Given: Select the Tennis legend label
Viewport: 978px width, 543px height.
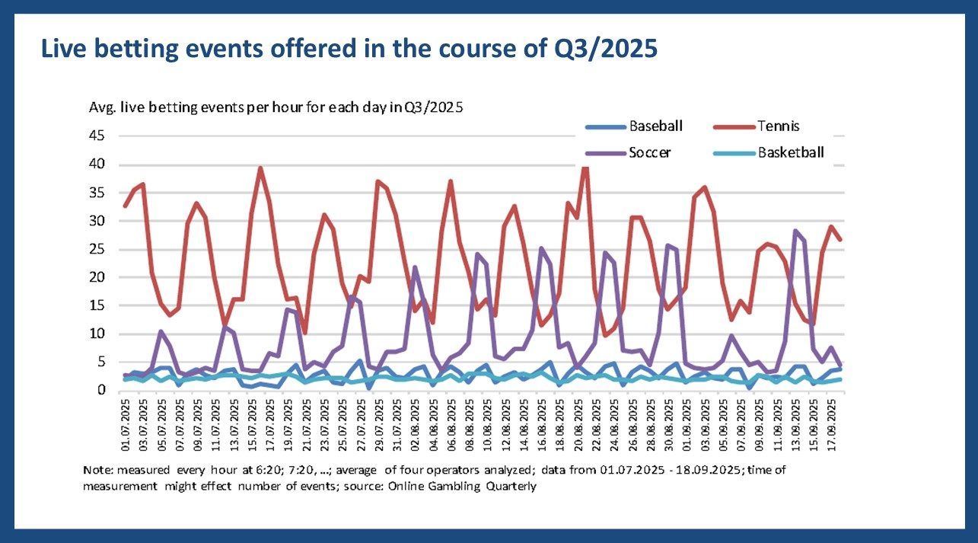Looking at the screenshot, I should (x=779, y=126).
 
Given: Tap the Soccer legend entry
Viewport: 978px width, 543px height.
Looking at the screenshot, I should (x=650, y=152).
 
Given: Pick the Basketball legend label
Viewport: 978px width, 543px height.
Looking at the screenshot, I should (x=791, y=152).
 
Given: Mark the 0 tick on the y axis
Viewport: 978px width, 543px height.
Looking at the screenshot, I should (x=107, y=391).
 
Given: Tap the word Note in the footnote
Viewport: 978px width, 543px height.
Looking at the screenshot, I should (x=96, y=471).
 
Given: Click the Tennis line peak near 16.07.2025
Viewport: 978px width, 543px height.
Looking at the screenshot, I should (x=261, y=168).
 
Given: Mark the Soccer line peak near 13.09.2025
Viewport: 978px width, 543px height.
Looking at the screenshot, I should (x=795, y=230).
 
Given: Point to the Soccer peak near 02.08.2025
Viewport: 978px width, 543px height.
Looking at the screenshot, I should (x=415, y=267).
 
